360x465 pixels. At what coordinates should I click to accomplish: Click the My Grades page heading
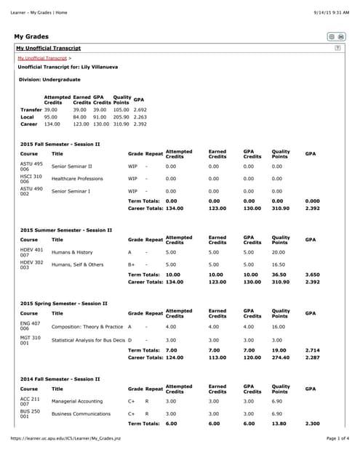coord(31,36)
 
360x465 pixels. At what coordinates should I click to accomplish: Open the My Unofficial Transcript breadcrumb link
coord(42,57)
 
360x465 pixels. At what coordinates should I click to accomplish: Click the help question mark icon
coord(337,47)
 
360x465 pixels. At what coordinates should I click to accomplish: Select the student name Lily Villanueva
coord(99,67)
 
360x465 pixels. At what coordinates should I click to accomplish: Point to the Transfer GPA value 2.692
coord(140,110)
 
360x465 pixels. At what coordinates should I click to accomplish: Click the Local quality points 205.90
coord(121,117)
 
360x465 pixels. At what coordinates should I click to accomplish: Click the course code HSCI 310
coord(31,179)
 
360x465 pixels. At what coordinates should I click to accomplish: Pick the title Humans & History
coord(72,252)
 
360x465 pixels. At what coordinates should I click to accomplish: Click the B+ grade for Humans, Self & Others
coord(132,264)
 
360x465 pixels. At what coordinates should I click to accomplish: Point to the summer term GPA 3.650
coord(312,275)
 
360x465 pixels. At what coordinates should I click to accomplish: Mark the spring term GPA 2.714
coord(312,350)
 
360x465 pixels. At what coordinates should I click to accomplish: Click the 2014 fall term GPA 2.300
coord(312,424)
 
